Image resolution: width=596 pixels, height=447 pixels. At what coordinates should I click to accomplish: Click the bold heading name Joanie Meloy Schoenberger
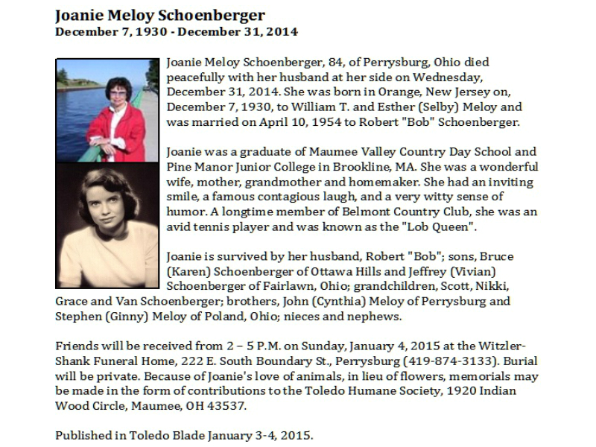160,15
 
